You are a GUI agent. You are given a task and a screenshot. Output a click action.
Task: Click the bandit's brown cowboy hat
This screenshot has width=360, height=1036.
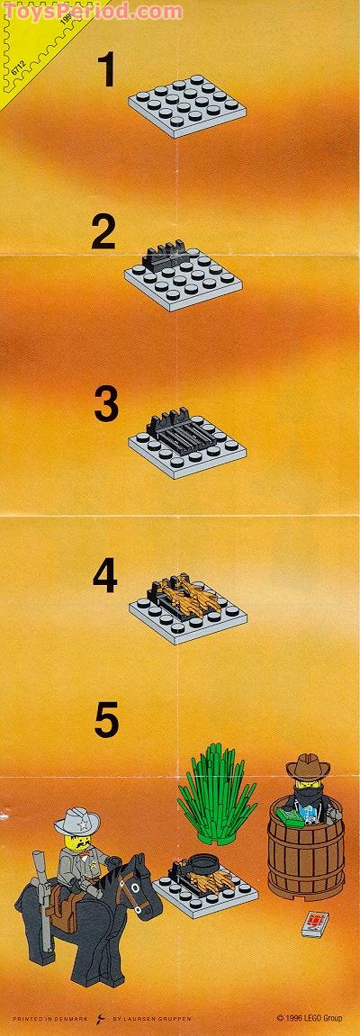308,769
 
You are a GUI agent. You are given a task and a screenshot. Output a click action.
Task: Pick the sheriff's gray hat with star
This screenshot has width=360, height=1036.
76,822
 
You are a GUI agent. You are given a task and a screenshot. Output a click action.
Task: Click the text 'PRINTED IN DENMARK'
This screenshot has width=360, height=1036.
46,1021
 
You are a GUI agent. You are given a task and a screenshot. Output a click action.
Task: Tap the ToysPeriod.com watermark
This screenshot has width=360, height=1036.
90,11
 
